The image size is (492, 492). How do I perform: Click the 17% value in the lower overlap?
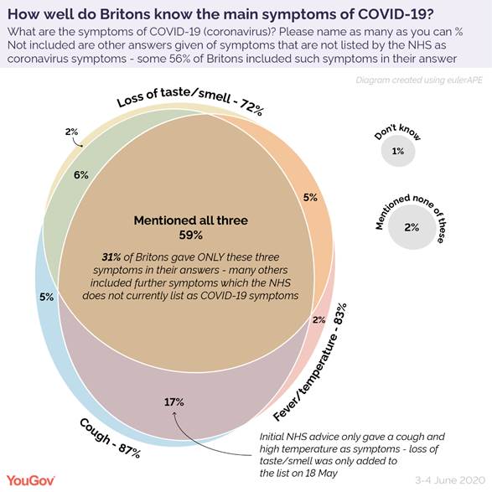point(174,402)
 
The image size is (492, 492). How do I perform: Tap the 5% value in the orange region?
point(310,199)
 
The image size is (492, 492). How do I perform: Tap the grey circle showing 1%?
point(398,151)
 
